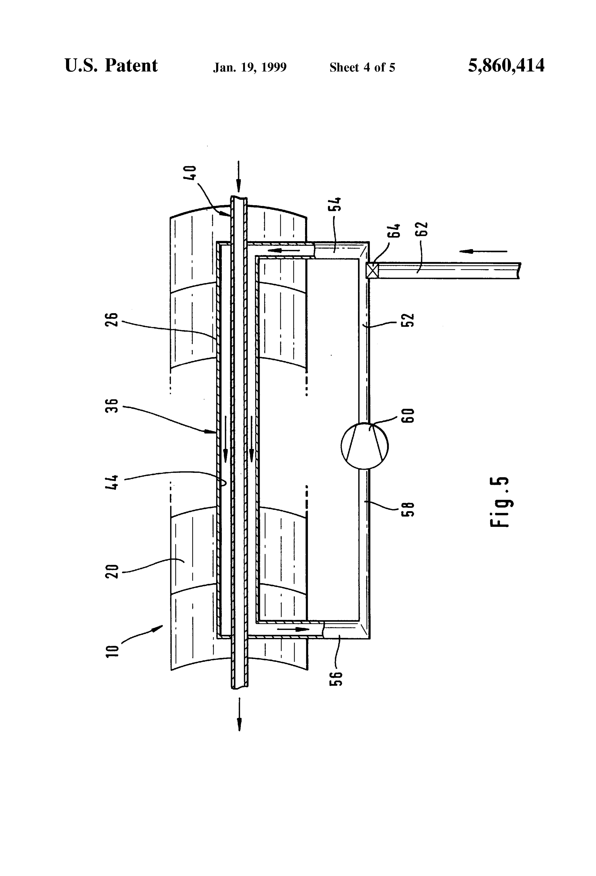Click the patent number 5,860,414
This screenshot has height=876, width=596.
click(506, 66)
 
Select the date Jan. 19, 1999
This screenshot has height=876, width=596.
click(250, 67)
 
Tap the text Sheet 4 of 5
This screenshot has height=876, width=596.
click(362, 67)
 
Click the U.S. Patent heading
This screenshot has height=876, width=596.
click(111, 66)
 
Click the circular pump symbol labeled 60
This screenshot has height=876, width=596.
click(364, 446)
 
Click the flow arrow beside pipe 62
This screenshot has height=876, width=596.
click(484, 251)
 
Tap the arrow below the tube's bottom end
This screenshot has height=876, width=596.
click(239, 714)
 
